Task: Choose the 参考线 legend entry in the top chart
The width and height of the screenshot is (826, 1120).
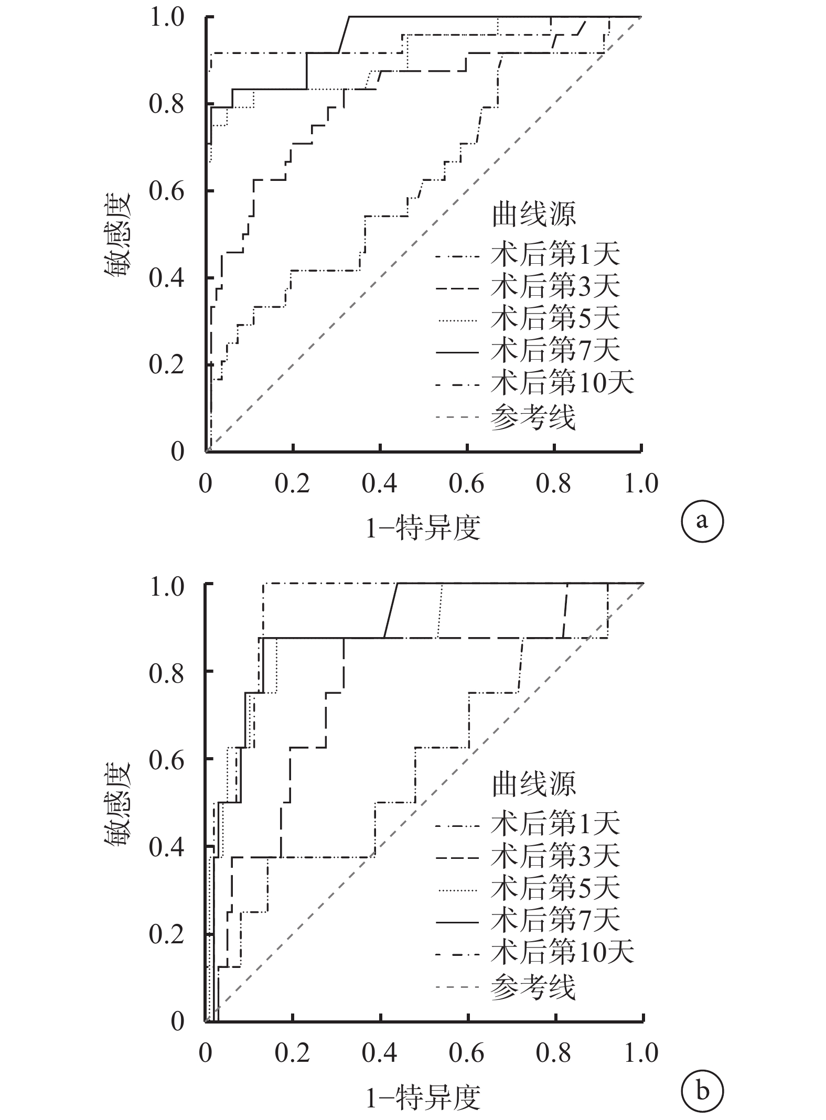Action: click(x=506, y=418)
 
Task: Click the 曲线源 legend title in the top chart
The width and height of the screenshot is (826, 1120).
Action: click(x=534, y=214)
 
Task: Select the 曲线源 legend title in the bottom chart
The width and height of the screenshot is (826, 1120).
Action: click(x=534, y=784)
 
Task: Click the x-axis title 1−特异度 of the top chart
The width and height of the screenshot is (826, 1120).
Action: click(x=423, y=528)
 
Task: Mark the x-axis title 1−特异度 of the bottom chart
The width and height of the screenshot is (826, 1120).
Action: click(x=423, y=1096)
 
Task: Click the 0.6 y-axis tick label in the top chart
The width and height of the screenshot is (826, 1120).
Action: click(x=166, y=191)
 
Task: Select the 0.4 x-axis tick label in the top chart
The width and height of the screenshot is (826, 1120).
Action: click(x=380, y=483)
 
